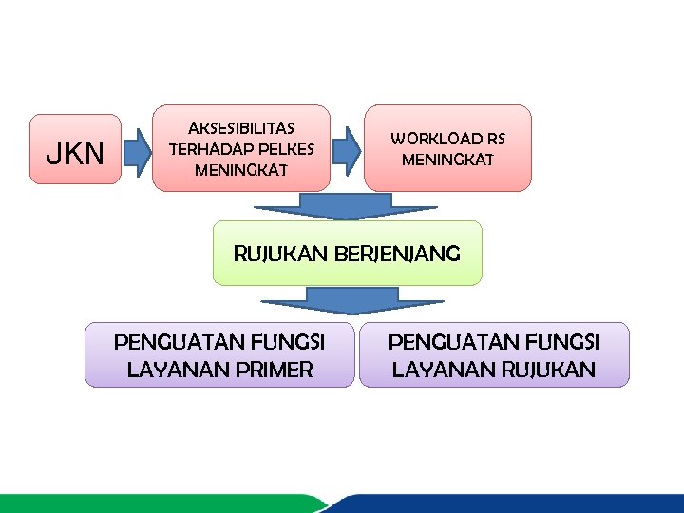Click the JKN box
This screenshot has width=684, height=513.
[75, 150]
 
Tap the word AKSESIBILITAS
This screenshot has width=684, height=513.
[241, 128]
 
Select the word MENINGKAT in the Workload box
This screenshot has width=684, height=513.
[447, 160]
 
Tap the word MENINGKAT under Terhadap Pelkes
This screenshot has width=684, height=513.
[241, 171]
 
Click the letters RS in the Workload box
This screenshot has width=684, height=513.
[497, 139]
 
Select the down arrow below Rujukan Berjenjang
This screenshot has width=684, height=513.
[329, 300]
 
